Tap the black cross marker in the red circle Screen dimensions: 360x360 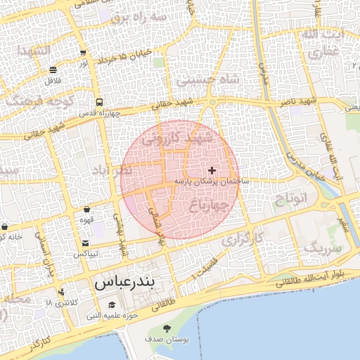coord(212,170)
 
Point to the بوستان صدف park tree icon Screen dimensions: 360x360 coord(167,328)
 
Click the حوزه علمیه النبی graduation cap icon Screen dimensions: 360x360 coord(111,304)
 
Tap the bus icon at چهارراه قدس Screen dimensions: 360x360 coord(99,101)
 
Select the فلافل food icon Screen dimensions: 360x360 coord(53,70)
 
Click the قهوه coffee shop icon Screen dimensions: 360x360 coord(86,209)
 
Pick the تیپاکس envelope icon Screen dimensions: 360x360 coord(85,243)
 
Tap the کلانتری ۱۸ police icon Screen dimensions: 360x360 coord(62,292)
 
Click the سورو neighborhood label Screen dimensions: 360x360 coord(323,248)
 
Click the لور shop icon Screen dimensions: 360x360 coord(84,53)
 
